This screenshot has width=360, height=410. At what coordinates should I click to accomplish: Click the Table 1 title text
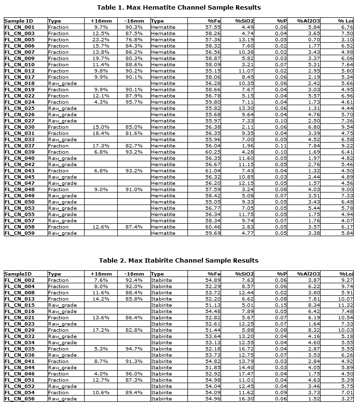179,7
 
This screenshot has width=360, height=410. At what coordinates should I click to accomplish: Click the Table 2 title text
179,260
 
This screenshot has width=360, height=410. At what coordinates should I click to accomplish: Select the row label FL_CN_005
19,39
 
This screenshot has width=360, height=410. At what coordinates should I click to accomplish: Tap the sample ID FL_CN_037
19,145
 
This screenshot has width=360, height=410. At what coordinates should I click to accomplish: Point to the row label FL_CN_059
19,233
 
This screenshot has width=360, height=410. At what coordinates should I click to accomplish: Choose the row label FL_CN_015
19,305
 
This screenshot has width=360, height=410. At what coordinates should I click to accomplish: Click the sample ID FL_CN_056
19,398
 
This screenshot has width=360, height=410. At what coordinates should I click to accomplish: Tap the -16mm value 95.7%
134,102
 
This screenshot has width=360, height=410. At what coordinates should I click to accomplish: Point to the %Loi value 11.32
345,305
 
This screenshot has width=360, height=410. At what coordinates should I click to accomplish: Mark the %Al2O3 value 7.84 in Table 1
312,145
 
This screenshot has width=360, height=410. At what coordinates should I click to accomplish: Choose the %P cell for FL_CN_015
281,305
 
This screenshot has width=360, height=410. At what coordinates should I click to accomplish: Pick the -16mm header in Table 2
134,274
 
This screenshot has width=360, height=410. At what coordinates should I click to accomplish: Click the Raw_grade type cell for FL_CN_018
62,83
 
